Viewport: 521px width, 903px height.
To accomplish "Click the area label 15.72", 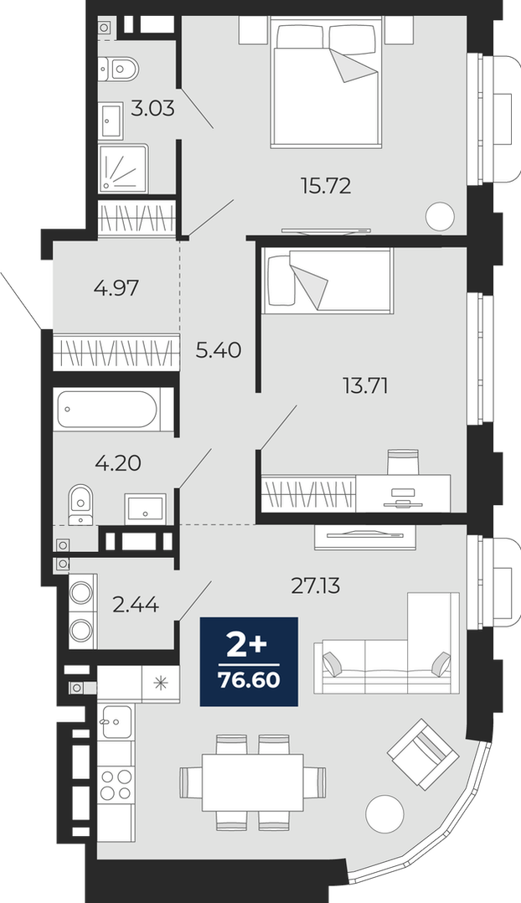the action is coord(325,185).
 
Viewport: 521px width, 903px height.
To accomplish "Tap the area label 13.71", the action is coord(365,386).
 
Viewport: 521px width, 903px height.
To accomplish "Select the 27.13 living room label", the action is coord(316,586).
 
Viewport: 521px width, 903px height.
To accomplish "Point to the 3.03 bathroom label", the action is coord(152,108).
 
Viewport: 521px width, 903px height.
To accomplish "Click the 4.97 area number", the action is coord(116,287).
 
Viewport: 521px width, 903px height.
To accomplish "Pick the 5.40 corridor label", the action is coord(218,349).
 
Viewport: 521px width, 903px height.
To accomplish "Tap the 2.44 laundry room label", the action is coord(136,605).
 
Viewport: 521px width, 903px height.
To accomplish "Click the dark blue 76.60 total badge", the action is coord(249,662).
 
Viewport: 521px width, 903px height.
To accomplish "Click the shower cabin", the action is coord(123,168).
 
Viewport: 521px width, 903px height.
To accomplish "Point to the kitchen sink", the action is coord(116,721).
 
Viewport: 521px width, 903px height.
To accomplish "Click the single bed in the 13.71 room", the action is coord(327,281).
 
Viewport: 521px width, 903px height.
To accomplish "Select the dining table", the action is coord(252,782).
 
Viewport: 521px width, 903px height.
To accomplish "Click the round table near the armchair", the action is coord(384,813).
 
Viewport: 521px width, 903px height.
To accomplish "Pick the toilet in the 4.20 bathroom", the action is coord(80,504).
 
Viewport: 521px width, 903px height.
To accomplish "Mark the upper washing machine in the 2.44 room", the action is coord(81,592).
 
